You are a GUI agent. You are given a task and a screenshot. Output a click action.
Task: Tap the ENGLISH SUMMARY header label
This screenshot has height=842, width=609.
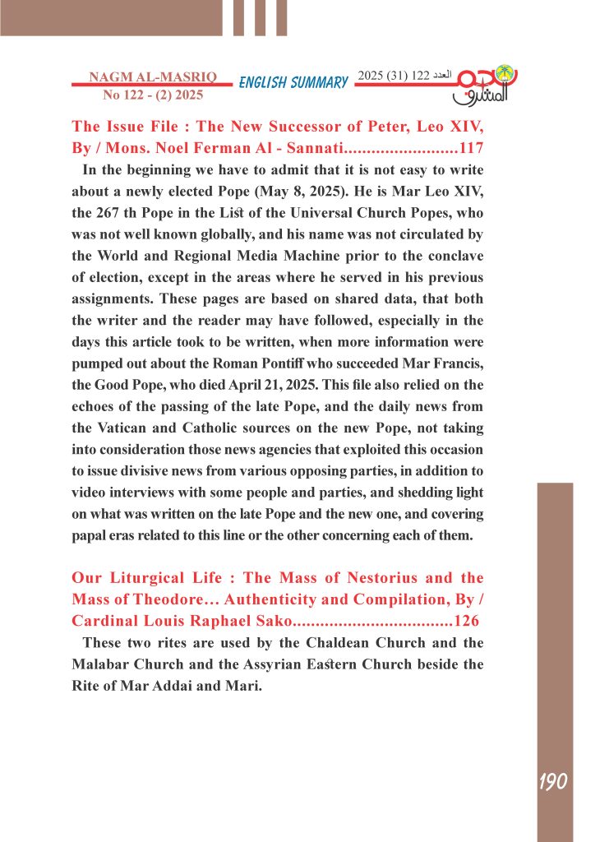point(293,82)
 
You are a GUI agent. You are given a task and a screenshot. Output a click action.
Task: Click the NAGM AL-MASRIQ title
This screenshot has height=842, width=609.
point(152,77)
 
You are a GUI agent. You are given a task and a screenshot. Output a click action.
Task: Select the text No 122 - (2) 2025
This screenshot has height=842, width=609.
point(152,95)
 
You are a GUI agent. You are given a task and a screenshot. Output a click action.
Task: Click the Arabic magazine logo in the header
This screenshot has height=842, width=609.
point(487,86)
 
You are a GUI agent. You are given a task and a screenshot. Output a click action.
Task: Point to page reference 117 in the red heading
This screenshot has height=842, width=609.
point(471,149)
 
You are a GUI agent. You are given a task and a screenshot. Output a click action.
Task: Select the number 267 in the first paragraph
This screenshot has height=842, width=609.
point(112,213)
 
